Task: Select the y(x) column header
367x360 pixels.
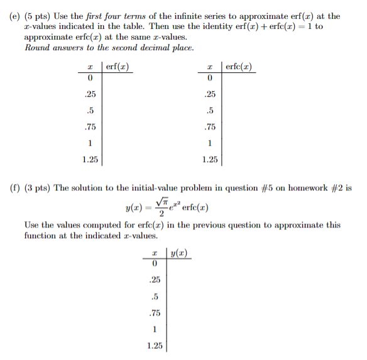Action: click(180, 254)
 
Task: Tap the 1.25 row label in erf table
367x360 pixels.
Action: click(90, 160)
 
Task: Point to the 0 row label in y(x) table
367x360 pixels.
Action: click(153, 264)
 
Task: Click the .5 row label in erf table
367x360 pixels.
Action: click(90, 111)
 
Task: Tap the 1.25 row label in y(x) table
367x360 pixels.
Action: click(153, 346)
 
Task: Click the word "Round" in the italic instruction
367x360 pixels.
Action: click(37, 46)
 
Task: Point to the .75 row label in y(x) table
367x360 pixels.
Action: click(153, 313)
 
